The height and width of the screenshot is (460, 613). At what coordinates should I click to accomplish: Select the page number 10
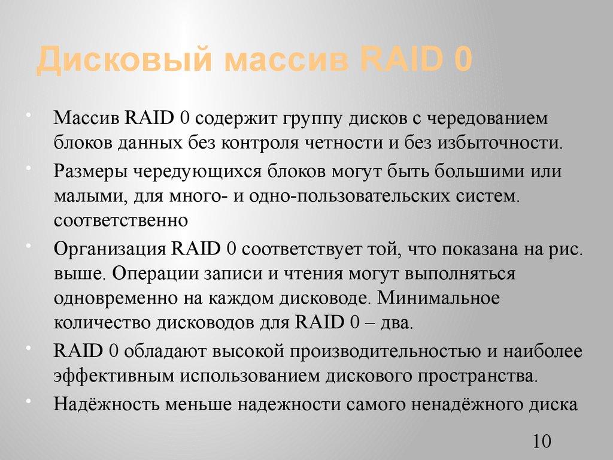click(x=541, y=442)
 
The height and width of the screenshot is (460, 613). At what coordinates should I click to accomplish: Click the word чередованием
click(x=480, y=118)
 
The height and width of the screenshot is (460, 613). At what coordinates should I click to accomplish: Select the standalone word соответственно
click(x=122, y=221)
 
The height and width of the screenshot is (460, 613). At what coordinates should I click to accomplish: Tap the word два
click(x=399, y=323)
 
